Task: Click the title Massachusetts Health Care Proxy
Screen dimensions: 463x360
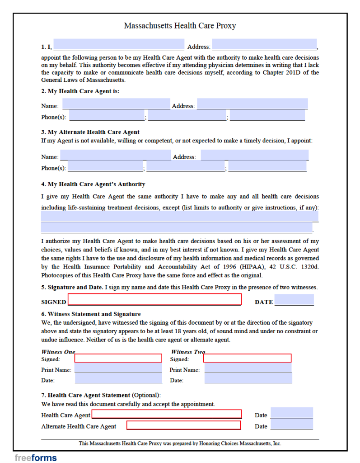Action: [180, 26]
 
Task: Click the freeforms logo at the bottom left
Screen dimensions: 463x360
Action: [36, 458]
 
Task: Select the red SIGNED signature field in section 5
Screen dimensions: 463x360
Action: [154, 299]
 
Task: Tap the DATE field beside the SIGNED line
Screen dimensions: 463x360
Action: [294, 300]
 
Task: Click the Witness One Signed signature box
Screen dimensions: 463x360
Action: [118, 358]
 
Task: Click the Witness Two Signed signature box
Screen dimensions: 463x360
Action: [247, 358]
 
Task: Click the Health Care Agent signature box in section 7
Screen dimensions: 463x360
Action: [166, 414]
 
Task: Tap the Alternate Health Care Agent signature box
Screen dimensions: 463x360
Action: [183, 425]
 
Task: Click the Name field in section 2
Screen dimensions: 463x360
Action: [116, 104]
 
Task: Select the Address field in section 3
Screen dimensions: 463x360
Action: [254, 155]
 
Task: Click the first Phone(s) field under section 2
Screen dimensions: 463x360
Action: [106, 116]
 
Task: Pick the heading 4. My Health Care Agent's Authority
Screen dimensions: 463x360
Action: [93, 184]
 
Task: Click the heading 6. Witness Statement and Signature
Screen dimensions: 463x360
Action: [91, 314]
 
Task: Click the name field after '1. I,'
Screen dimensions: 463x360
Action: [119, 45]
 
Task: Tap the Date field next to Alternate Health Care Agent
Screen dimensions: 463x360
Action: [291, 425]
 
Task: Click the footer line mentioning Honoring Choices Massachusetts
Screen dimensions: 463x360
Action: [180, 444]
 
